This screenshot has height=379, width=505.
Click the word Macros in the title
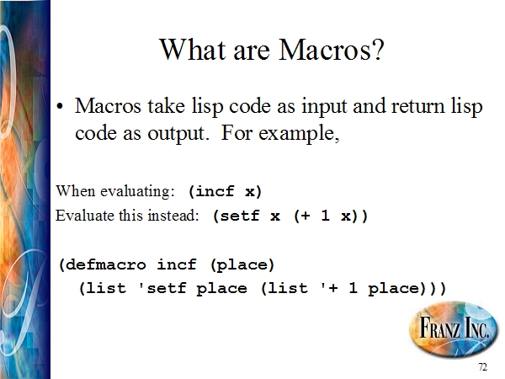[327, 50]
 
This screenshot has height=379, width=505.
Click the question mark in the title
[380, 50]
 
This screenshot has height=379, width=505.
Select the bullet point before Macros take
[60, 106]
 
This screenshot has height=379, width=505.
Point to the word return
[417, 106]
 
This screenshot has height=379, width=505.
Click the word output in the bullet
[177, 134]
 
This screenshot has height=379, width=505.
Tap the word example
[299, 133]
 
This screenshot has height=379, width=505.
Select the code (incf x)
[225, 191]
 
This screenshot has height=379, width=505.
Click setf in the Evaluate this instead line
[240, 216]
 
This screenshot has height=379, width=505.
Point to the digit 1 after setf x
[325, 215]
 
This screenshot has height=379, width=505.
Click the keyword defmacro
[106, 265]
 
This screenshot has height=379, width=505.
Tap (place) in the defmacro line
[242, 265]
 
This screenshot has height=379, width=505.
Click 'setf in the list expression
[162, 287]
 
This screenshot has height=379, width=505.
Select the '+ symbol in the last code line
[329, 287]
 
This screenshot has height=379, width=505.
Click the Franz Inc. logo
[453, 329]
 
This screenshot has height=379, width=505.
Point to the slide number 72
[483, 367]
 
